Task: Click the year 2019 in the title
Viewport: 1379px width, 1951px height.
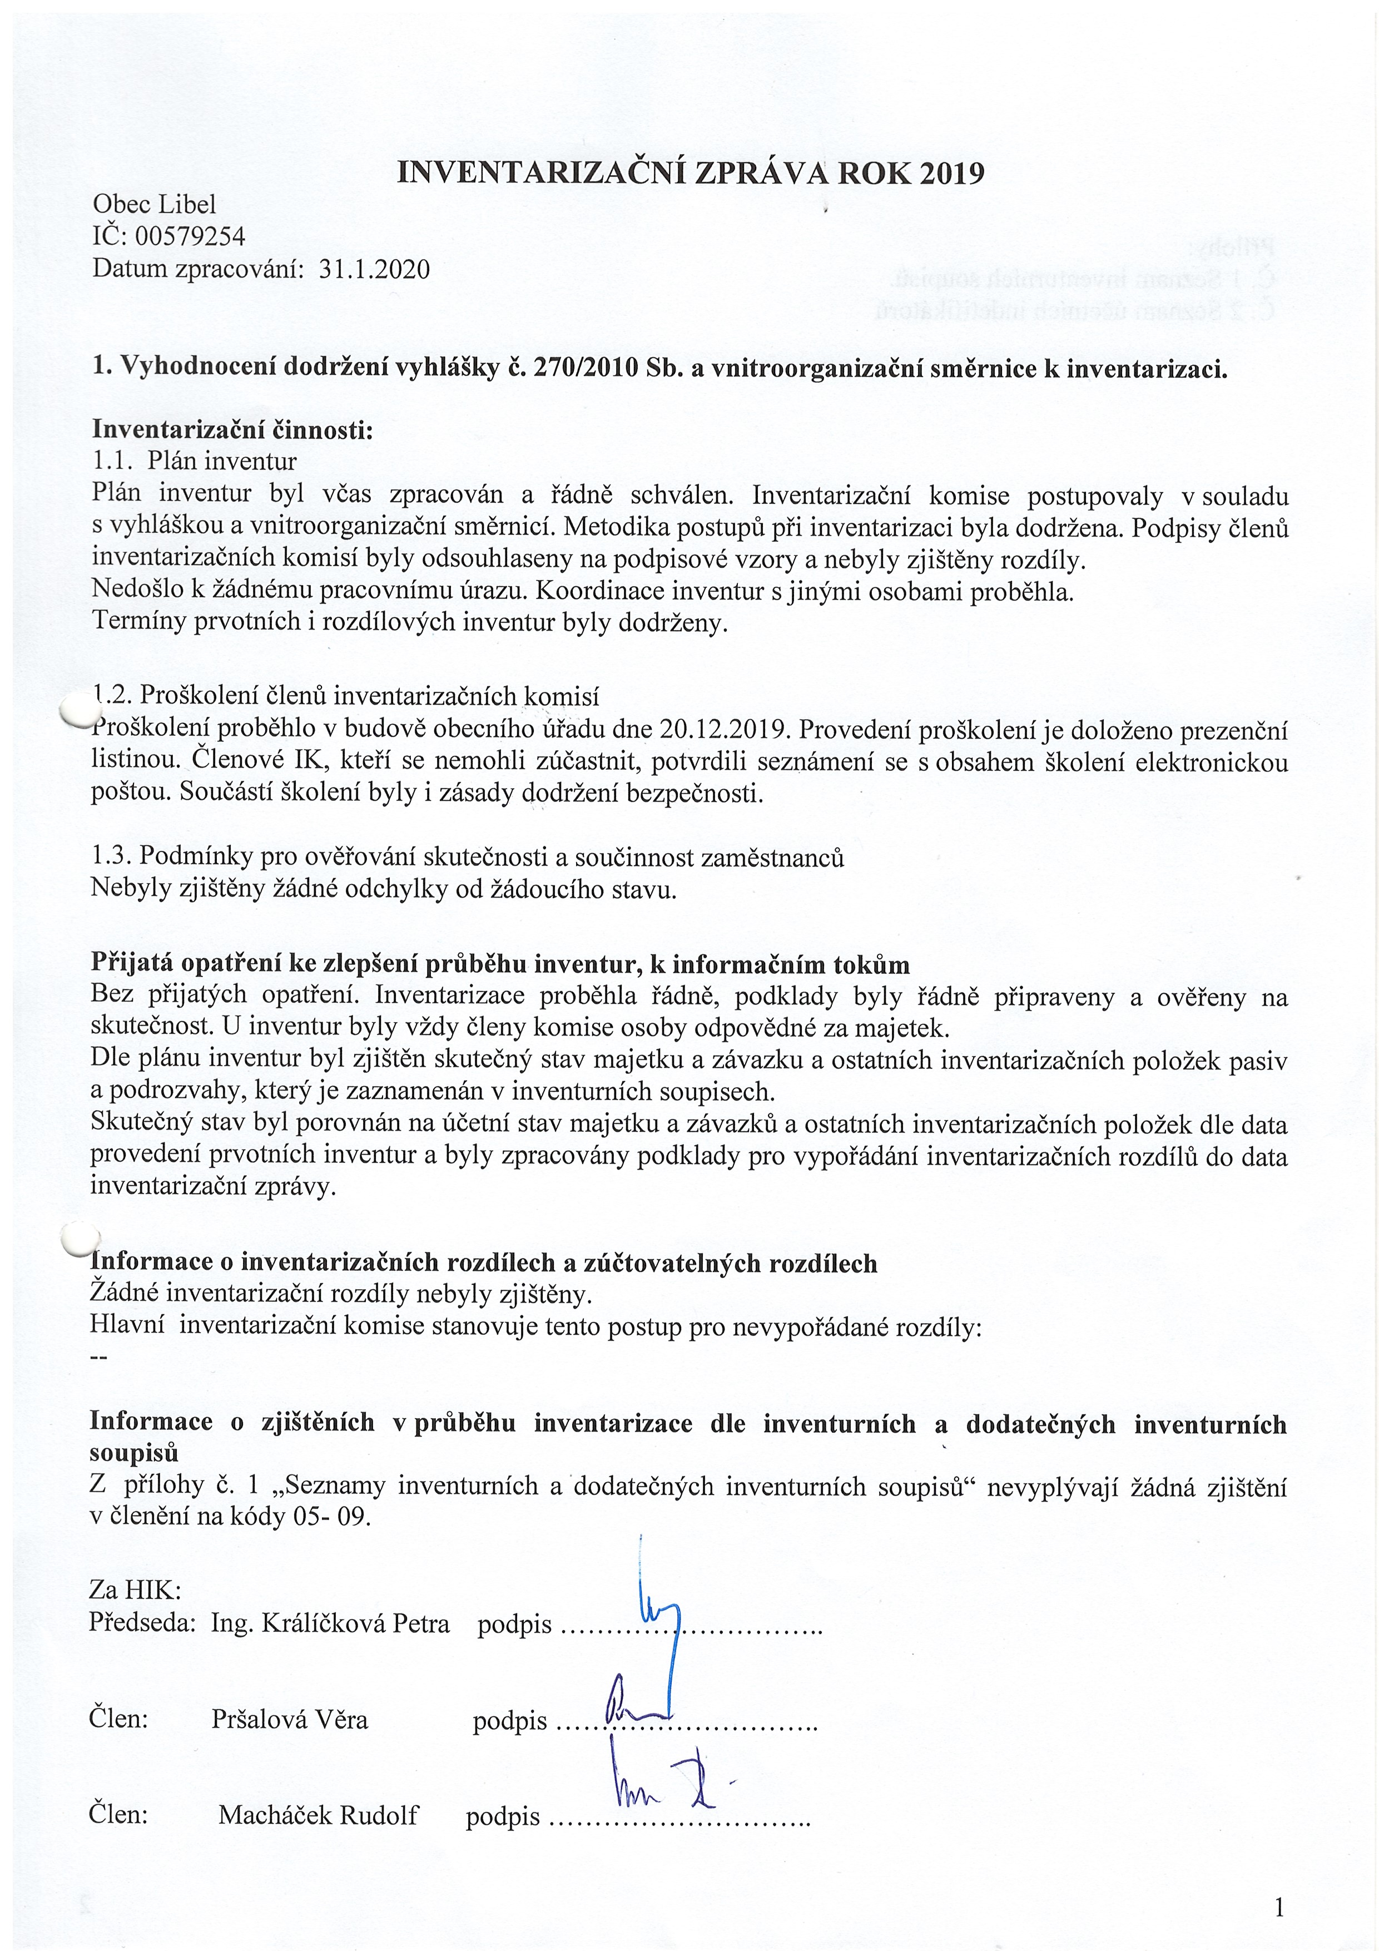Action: (x=951, y=174)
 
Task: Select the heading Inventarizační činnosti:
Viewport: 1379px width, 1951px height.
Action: (x=232, y=429)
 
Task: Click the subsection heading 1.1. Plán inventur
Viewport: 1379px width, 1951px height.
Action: (x=195, y=462)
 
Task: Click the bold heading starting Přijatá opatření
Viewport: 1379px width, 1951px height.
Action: (x=499, y=964)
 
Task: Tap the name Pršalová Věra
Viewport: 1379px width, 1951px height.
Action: (x=290, y=1720)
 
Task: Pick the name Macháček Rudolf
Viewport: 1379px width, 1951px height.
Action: (x=318, y=1815)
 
